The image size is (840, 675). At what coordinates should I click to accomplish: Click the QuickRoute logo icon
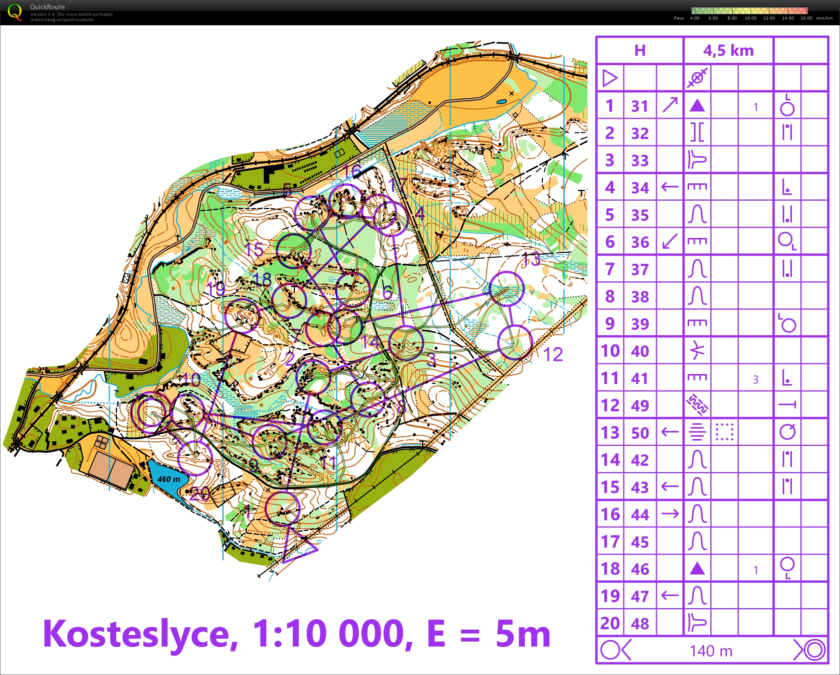click(x=15, y=12)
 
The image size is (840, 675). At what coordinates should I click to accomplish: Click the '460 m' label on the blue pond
click(x=169, y=479)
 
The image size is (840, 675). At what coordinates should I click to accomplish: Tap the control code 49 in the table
click(x=640, y=406)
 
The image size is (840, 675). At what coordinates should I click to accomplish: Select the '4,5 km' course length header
click(x=728, y=51)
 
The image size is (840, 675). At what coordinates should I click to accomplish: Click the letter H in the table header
click(x=640, y=51)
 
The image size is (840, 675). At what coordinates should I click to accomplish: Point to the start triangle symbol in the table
click(x=610, y=78)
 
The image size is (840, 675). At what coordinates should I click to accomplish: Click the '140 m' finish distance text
click(x=711, y=651)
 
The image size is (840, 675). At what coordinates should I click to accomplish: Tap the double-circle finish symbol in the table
click(x=814, y=650)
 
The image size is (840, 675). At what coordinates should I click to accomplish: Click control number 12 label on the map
click(x=553, y=355)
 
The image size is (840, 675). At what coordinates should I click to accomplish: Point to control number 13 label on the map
click(x=531, y=259)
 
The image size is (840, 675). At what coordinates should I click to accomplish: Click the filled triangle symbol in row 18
click(x=697, y=569)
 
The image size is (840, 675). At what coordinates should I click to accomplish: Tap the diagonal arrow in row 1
click(x=670, y=105)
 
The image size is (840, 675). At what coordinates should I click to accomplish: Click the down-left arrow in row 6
click(x=670, y=241)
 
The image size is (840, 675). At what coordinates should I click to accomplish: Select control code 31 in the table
click(x=640, y=106)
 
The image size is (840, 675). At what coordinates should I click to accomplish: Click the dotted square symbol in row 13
click(x=725, y=432)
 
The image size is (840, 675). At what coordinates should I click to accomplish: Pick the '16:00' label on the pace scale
click(x=806, y=18)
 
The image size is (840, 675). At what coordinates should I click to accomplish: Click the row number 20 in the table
click(x=610, y=623)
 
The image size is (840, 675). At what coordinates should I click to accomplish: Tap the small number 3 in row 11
click(x=755, y=379)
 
